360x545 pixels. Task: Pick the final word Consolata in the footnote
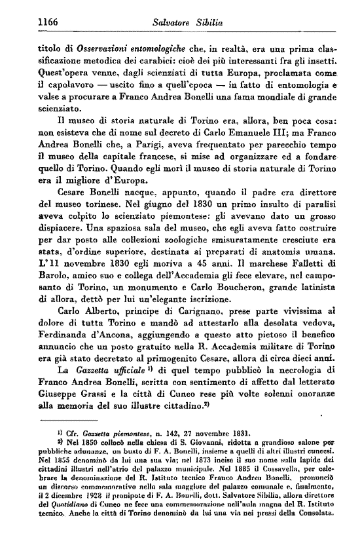point(323,542)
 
